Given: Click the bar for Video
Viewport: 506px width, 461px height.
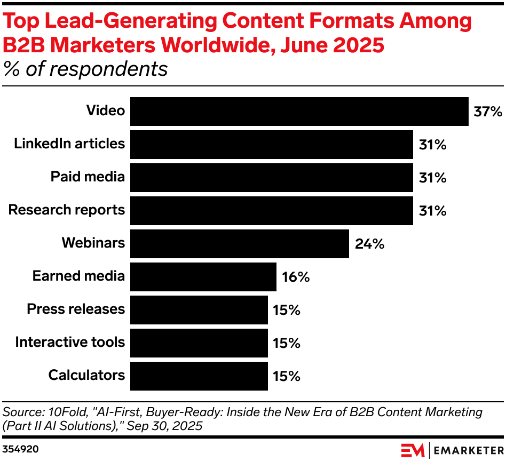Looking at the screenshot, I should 299,112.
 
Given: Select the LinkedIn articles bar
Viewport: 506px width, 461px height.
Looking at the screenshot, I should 271,145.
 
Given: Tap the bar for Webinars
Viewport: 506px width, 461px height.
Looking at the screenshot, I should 239,244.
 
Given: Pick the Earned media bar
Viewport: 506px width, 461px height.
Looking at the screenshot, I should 203,277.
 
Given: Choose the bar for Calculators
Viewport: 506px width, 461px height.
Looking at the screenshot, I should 199,376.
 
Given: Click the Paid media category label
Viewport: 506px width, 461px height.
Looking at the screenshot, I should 88,177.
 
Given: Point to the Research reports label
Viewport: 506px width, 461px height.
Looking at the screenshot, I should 67,210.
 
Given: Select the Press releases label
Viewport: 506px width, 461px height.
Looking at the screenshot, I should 76,309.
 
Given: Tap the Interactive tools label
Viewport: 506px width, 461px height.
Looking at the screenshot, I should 70,342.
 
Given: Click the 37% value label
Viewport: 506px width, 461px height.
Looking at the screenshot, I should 488,112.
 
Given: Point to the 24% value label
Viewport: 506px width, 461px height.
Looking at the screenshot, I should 369,244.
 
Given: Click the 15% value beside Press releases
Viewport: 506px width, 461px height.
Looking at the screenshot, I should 287,310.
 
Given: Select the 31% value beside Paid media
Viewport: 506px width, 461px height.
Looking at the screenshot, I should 432,178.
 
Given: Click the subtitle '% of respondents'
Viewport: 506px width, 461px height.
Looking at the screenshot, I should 85,69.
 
